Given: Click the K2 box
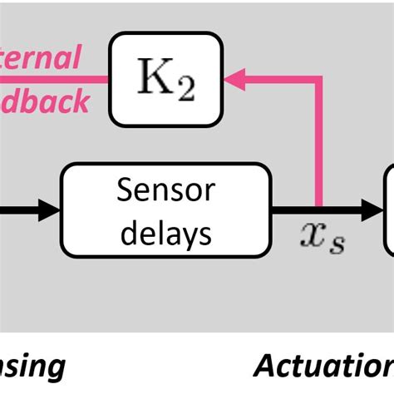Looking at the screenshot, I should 166,80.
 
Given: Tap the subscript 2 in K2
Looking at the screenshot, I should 185,89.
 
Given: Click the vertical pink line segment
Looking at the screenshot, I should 319,141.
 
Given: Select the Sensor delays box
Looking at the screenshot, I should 166,209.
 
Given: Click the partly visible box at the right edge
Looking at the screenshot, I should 388,209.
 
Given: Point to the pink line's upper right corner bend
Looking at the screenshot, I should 319,80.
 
